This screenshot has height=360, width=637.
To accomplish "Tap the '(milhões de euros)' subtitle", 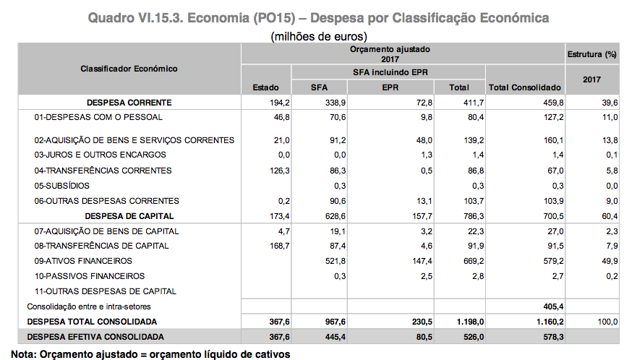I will (x=319, y=35).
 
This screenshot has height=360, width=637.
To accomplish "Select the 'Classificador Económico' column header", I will (x=129, y=69).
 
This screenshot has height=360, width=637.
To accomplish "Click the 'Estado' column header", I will (x=265, y=87).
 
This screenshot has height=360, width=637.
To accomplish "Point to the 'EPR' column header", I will (x=390, y=87).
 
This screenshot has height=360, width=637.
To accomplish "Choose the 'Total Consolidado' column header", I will (x=526, y=87).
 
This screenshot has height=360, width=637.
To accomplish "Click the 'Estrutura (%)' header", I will (x=591, y=54).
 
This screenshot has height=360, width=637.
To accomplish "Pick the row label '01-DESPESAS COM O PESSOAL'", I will (x=99, y=116).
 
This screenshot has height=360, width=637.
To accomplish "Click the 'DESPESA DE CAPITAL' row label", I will (x=129, y=215).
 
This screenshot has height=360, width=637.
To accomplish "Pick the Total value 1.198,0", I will (x=463, y=321).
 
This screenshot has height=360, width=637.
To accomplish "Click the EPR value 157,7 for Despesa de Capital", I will (x=420, y=215).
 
